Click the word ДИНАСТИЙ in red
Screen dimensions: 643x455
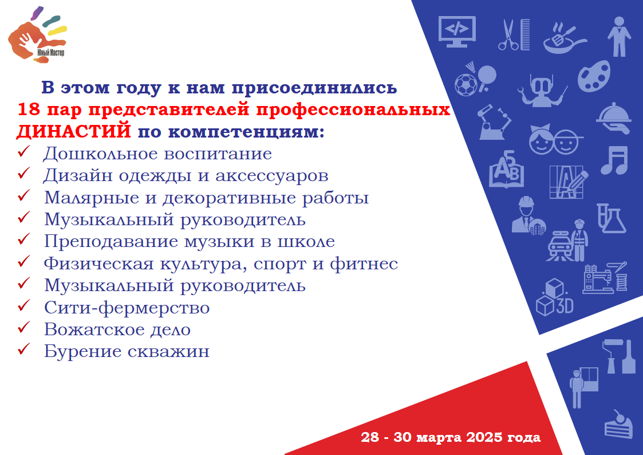point(74,132)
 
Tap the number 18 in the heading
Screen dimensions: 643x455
point(29,109)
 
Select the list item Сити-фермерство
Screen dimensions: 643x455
point(127,308)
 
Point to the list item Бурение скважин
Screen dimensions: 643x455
point(127,351)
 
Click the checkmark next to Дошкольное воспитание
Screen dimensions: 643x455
point(24,151)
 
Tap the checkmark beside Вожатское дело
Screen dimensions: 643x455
point(24,327)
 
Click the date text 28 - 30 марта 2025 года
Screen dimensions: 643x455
point(451,437)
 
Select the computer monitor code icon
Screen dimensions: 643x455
point(457,32)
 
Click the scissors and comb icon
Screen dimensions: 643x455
point(514,35)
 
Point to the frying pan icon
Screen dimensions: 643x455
point(565,38)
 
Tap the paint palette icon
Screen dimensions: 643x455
point(594,76)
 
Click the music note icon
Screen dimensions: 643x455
point(614,160)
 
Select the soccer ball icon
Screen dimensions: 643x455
point(466,85)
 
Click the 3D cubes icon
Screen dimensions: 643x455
point(554,297)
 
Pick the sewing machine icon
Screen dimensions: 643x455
point(605,278)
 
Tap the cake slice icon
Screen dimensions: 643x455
point(619,424)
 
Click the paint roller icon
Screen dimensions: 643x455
point(611,356)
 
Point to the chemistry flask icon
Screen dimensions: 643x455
point(611,218)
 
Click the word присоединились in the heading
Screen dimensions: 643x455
point(314,88)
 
